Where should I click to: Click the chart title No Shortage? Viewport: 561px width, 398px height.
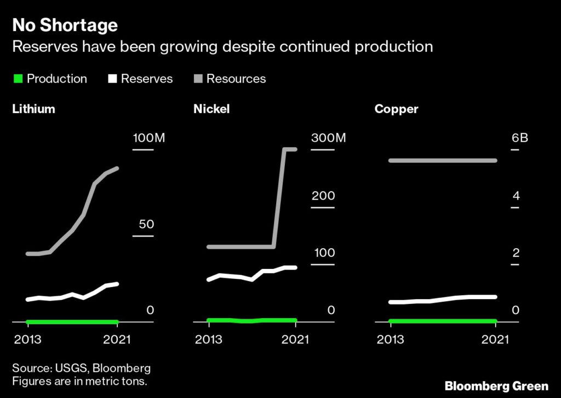65,25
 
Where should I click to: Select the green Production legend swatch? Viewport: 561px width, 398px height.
18,79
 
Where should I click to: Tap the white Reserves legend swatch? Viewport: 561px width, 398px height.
112,79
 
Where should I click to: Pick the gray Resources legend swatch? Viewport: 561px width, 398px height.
198,79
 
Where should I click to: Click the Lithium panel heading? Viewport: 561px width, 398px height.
34,109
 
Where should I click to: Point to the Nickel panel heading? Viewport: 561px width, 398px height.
211,109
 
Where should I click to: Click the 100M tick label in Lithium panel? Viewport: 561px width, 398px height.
148,138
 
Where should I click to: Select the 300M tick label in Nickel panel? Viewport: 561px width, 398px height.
329,138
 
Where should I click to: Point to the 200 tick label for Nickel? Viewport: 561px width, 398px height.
323,196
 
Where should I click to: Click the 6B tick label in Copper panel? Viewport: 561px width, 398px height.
519,138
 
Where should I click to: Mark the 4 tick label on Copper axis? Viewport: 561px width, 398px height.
515,196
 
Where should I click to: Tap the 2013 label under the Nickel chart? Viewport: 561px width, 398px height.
209,340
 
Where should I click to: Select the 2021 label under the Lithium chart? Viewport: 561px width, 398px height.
117,340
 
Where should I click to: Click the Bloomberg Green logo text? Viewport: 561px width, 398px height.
496,386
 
